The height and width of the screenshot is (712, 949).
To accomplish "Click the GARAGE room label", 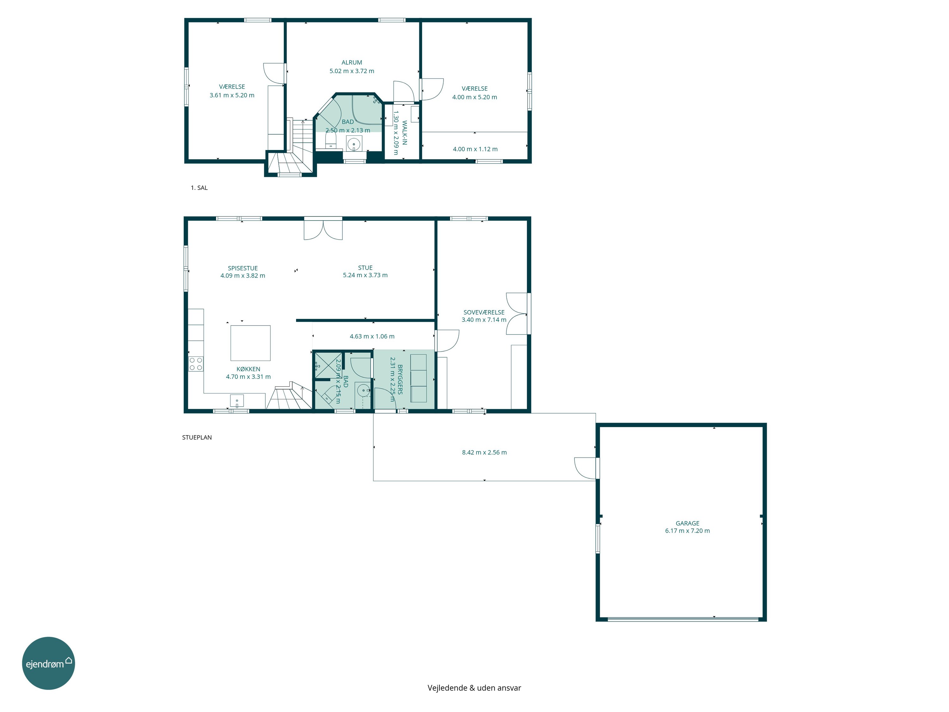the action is tap(687, 523).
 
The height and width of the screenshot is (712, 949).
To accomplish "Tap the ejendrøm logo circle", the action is tap(48, 663).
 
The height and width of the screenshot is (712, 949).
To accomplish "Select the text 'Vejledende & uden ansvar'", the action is tap(474, 688).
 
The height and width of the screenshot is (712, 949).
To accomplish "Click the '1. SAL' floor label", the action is tap(199, 188).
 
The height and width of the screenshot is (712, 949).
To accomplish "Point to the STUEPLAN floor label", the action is tap(197, 437).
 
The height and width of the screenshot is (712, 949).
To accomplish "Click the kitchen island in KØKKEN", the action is tap(251, 343).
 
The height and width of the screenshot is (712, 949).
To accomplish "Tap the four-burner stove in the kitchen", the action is tap(196, 364).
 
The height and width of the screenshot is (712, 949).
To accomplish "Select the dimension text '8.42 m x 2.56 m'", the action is tap(484, 452).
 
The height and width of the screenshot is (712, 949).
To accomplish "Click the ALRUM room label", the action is tap(352, 62).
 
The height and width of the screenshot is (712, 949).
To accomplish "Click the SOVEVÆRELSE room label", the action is tap(484, 312).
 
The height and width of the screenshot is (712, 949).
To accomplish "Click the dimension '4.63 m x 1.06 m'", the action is tap(372, 336).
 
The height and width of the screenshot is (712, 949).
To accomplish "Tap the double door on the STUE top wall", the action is tap(323, 228).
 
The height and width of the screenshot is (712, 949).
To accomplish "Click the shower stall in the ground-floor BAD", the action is tap(328, 365).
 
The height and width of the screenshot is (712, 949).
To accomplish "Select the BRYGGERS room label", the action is tap(400, 379).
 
